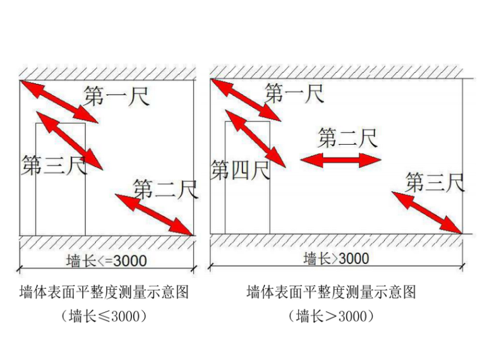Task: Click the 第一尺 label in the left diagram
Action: [x=117, y=96]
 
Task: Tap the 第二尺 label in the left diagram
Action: [x=165, y=188]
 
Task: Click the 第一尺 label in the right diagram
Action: [x=294, y=93]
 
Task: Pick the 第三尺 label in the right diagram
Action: [x=435, y=183]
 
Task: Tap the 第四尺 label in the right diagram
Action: [x=240, y=169]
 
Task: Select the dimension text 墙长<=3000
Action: [x=107, y=260]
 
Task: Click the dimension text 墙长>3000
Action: [x=336, y=258]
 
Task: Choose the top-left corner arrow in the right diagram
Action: [x=246, y=99]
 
